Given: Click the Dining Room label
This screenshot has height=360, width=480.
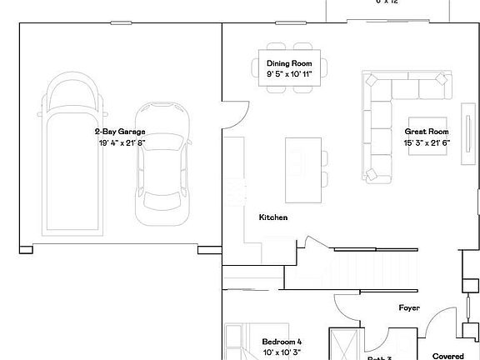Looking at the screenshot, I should click(289, 63).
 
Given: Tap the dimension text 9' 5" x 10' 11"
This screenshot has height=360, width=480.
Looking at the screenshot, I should click(289, 75).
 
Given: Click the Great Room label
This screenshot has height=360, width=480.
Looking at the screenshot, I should click(427, 132).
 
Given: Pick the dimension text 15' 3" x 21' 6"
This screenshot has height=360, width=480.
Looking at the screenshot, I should click(427, 143).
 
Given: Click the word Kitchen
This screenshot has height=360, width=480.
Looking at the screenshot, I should click(273, 217).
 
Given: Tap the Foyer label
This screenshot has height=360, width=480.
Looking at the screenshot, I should click(408, 307).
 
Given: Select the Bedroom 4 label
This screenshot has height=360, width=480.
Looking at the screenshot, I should click(282, 342).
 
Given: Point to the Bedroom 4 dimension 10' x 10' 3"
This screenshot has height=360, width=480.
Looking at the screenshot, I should click(282, 353).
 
